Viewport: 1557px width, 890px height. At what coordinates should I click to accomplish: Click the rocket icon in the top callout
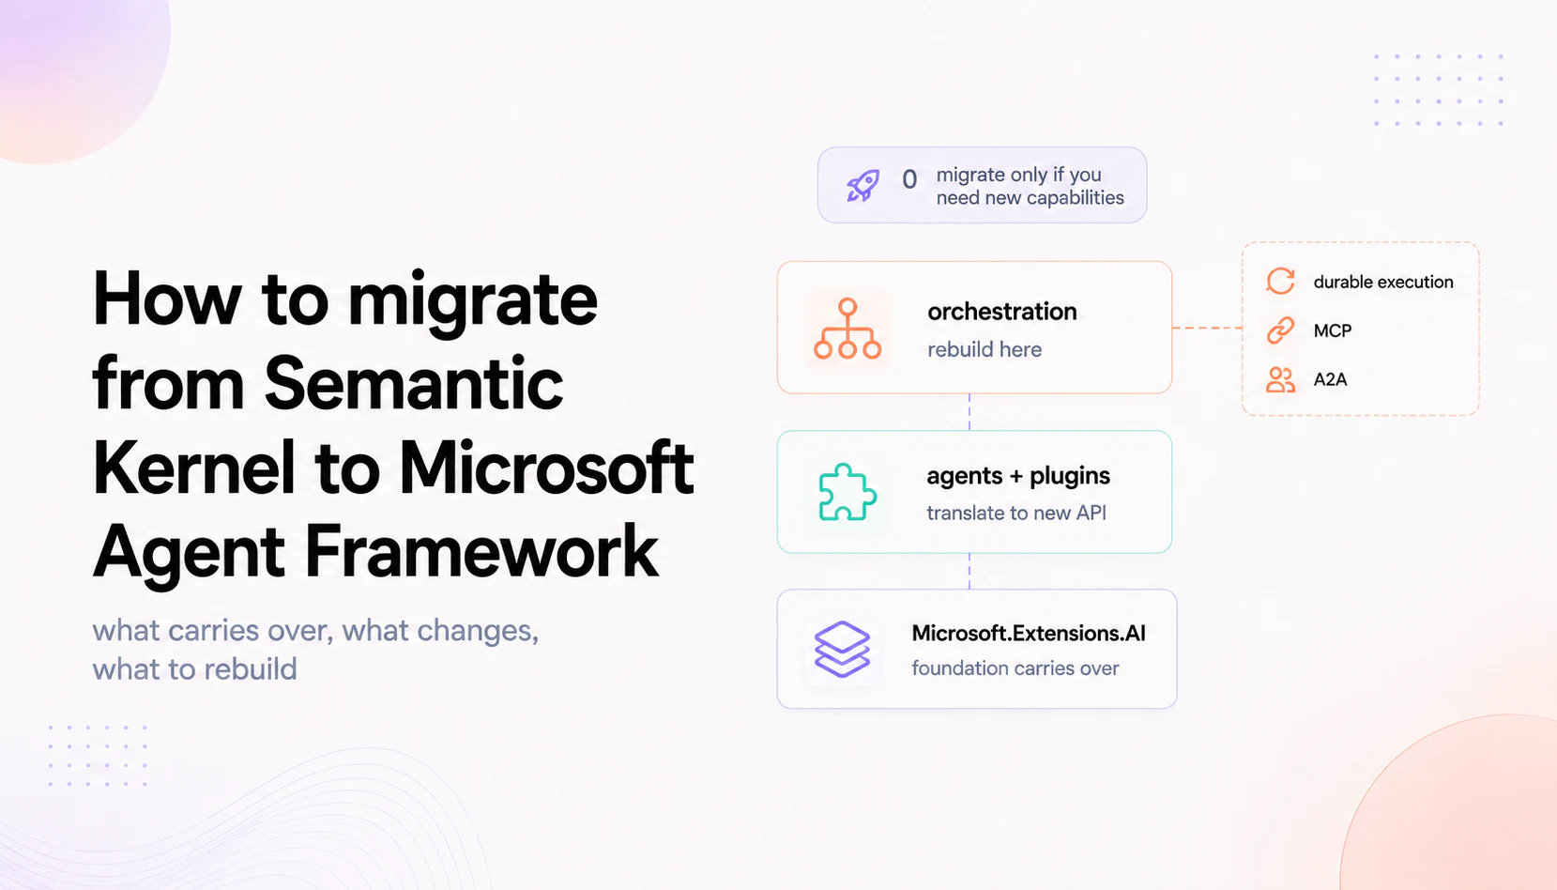(x=862, y=185)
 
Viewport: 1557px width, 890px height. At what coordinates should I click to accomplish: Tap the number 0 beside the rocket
(x=909, y=179)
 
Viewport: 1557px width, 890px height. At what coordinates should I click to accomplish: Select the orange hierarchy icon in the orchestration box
(x=847, y=329)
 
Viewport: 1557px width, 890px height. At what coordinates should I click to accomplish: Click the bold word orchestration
(x=1001, y=312)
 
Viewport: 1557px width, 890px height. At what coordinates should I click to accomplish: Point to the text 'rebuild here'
(x=985, y=349)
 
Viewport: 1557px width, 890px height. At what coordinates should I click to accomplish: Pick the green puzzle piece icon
(x=847, y=492)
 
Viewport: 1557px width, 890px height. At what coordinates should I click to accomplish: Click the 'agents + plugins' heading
(x=1017, y=476)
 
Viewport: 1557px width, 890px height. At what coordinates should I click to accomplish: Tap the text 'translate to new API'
(x=1016, y=514)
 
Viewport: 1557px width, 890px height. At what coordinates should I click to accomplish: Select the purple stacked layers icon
(x=842, y=649)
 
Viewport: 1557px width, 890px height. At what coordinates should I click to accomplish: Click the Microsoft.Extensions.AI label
(x=1028, y=634)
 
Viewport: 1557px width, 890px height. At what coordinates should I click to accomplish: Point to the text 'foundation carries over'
(x=1015, y=668)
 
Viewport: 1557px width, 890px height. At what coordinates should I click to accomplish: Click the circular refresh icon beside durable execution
(x=1280, y=281)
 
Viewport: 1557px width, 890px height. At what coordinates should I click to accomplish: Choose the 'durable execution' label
(x=1383, y=282)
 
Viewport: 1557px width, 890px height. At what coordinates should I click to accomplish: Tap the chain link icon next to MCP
(x=1280, y=330)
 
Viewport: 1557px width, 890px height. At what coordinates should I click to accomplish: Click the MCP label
(x=1333, y=331)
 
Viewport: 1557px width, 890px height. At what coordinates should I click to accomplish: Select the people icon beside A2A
(x=1280, y=379)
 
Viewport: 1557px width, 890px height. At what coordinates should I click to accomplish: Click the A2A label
(x=1331, y=379)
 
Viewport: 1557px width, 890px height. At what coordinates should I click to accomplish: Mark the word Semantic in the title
(x=414, y=383)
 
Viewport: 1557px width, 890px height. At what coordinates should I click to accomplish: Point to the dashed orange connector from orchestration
(x=1207, y=328)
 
